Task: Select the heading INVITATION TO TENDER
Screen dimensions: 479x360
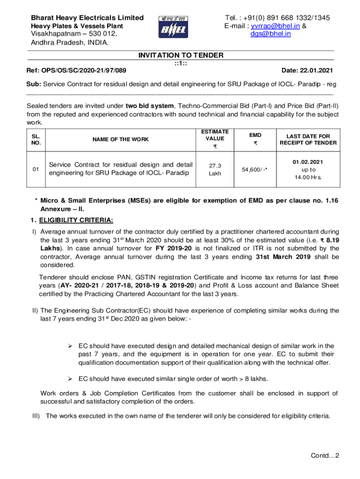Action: pos(180,55)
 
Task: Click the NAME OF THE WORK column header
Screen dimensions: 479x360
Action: pos(121,139)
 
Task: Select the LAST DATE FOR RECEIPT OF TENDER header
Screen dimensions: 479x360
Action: pos(308,139)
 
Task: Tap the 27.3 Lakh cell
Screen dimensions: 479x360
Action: pos(215,169)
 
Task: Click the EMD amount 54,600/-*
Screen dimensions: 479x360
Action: pos(255,169)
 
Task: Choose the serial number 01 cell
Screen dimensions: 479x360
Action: pos(36,169)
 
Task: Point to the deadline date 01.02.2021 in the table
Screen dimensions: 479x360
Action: pos(308,162)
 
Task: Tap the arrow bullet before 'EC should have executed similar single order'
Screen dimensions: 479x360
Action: pos(70,378)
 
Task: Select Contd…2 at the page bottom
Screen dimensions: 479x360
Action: pos(325,456)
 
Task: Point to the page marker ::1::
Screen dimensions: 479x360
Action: pos(180,63)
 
